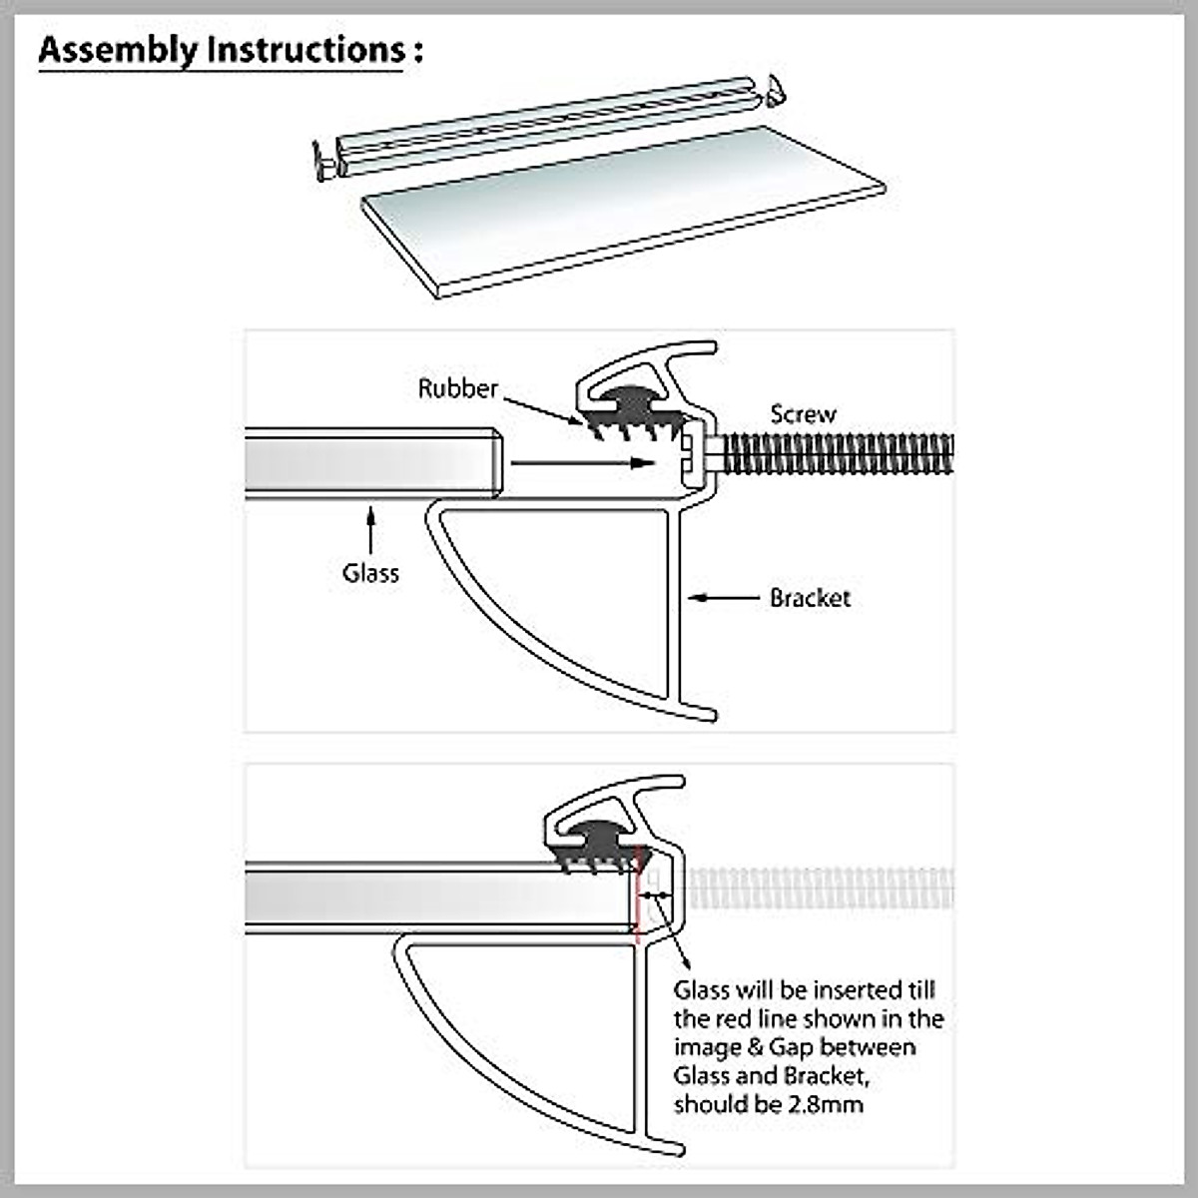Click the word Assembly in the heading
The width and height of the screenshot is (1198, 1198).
tap(118, 50)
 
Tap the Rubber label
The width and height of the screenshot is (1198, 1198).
tap(457, 388)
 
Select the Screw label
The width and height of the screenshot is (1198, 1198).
tap(803, 414)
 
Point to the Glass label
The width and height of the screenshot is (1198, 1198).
tap(370, 573)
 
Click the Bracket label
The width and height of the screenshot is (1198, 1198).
tap(810, 598)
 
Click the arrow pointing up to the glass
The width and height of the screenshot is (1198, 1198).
tap(370, 529)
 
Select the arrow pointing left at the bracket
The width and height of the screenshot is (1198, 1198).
tap(724, 598)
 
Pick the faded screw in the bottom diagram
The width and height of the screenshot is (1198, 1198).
tap(819, 889)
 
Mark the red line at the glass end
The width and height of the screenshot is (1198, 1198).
tap(637, 898)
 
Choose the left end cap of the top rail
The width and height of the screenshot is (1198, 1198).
tap(323, 163)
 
